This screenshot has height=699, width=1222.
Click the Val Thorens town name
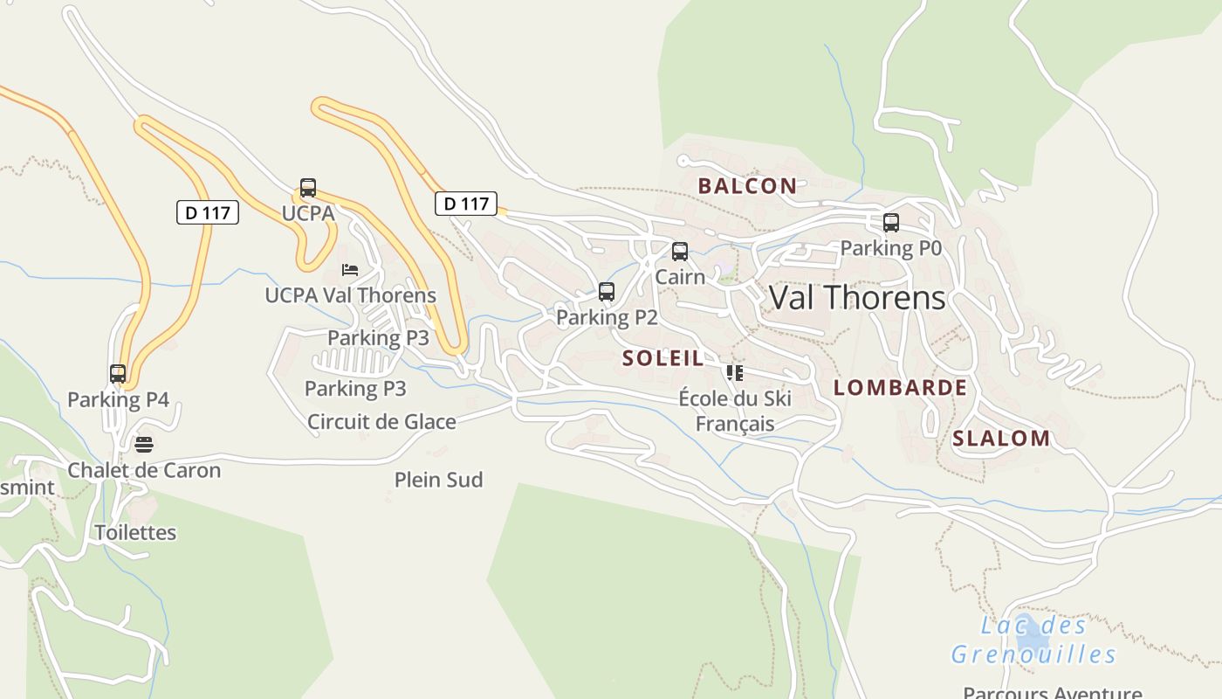tap(857, 298)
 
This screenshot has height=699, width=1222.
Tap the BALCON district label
tap(747, 185)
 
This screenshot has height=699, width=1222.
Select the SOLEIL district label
tap(663, 357)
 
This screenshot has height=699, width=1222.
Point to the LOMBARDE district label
tap(900, 387)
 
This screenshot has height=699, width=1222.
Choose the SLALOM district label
tap(1001, 438)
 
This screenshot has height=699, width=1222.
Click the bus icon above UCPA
tap(308, 188)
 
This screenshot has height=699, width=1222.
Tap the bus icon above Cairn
tap(680, 252)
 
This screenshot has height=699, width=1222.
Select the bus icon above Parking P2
tap(607, 292)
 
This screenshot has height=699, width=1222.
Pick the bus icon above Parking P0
tap(891, 223)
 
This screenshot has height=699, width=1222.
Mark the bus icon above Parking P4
tap(118, 374)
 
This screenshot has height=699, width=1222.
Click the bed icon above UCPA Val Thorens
tap(350, 270)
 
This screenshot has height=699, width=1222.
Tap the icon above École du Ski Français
tap(735, 373)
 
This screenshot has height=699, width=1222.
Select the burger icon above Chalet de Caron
tap(144, 445)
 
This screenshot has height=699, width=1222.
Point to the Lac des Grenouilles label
tap(1033, 640)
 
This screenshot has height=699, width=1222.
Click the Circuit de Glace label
tap(381, 422)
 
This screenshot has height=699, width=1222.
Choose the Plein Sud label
tap(438, 480)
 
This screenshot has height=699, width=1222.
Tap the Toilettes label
tap(135, 532)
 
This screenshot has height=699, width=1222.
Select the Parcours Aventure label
tap(1052, 692)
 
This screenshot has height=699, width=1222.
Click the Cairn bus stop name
tap(680, 277)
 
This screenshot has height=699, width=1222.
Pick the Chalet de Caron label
tap(144, 470)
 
